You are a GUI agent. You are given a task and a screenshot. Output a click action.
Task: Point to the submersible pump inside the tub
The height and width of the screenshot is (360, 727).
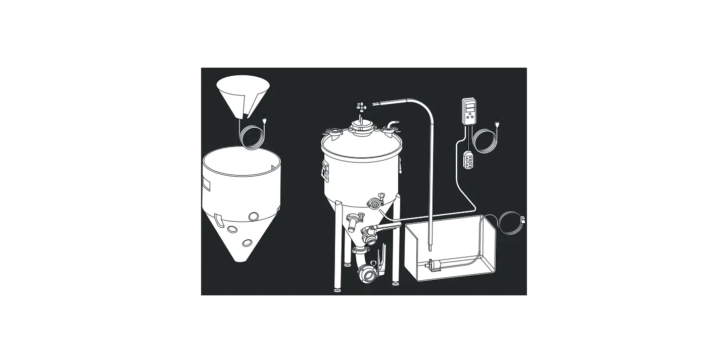tap(439, 264)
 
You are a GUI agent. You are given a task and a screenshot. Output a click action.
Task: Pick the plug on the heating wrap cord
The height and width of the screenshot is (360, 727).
tap(264, 120)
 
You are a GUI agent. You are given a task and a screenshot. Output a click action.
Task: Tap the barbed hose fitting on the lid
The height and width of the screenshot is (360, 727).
tap(393, 123)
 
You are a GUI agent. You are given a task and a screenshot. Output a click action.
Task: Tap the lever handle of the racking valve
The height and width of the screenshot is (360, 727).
tap(389, 226)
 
